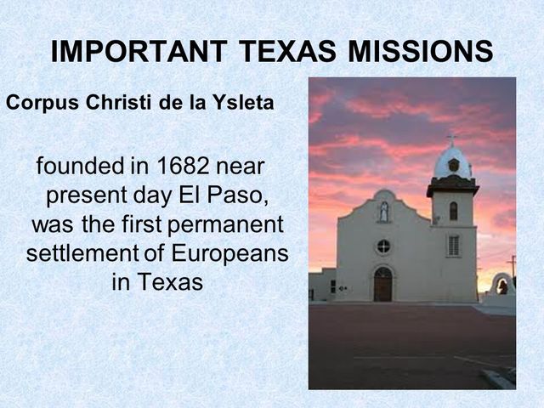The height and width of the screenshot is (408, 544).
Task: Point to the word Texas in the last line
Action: tap(157, 282)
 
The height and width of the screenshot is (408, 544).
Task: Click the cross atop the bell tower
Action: tap(451, 139)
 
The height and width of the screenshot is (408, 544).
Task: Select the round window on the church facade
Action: tap(383, 246)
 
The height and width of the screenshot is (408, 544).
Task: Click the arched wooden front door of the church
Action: tap(383, 285)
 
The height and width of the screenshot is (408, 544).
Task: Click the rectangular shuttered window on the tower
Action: tap(453, 245)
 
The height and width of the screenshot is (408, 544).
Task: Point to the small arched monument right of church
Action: tap(502, 284)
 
